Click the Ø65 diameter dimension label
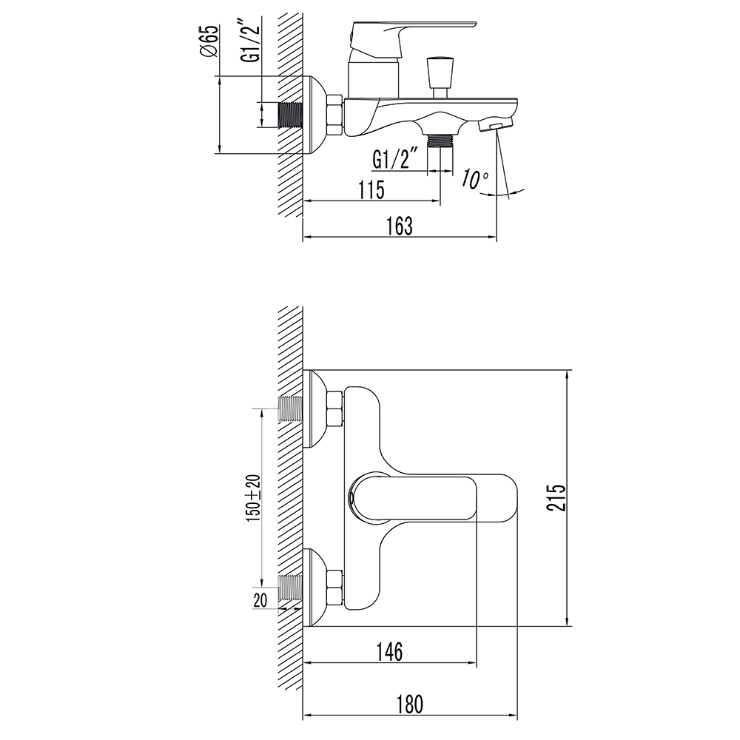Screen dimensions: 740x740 click(209, 41)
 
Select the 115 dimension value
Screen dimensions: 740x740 click(371, 190)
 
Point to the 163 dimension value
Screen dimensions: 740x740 click(400, 226)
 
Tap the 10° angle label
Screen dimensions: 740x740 click(475, 179)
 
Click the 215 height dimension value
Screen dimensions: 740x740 click(556, 497)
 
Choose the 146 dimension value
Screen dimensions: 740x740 click(390, 652)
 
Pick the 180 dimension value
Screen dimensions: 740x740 click(410, 704)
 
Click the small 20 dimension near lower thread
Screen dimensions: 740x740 click(260, 600)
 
